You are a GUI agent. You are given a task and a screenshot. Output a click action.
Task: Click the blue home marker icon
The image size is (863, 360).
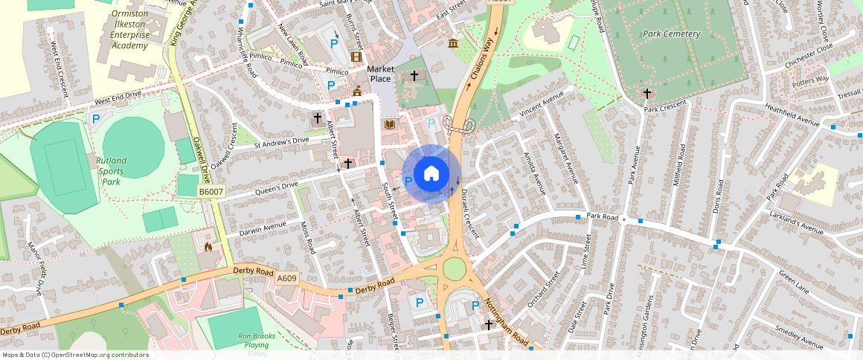click(431, 174)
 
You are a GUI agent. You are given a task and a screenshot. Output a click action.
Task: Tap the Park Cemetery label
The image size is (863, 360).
click(672, 34)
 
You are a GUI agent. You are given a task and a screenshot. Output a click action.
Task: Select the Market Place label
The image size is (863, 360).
click(379, 74)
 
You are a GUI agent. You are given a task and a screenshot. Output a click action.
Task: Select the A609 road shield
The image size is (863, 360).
click(286, 278)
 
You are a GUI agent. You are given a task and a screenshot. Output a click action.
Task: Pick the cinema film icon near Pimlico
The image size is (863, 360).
click(356, 57)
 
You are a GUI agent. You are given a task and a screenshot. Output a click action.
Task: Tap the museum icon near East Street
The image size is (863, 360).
click(453, 43)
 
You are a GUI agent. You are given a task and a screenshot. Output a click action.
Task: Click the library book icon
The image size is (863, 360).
click(388, 125)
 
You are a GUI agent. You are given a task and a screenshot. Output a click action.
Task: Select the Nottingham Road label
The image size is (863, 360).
click(507, 322)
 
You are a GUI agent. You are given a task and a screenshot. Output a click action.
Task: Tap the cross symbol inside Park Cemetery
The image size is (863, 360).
click(647, 94)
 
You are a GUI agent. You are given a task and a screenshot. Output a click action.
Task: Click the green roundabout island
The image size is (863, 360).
click(454, 269)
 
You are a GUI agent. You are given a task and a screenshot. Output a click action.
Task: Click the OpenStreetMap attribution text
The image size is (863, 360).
click(75, 355)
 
